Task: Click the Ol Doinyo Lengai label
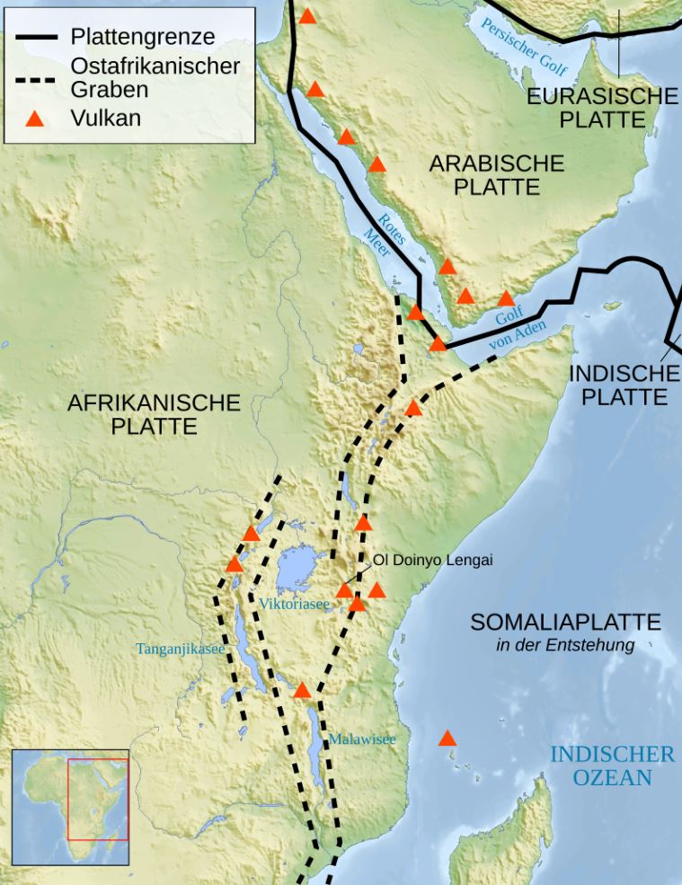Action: pyautogui.click(x=433, y=561)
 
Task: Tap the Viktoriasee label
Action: pyautogui.click(x=295, y=605)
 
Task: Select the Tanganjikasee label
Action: pyautogui.click(x=180, y=648)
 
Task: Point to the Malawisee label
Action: pyautogui.click(x=361, y=739)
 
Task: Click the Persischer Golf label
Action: pyautogui.click(x=525, y=43)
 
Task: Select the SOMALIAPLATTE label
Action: pyautogui.click(x=565, y=622)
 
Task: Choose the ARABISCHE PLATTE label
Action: pyautogui.click(x=496, y=174)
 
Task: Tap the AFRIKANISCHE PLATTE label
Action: pyautogui.click(x=155, y=414)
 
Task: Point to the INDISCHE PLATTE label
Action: pyautogui.click(x=624, y=385)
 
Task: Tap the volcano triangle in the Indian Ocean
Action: pyautogui.click(x=447, y=739)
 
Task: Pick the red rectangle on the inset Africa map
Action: pyautogui.click(x=98, y=799)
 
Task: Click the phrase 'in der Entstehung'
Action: pyautogui.click(x=565, y=644)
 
